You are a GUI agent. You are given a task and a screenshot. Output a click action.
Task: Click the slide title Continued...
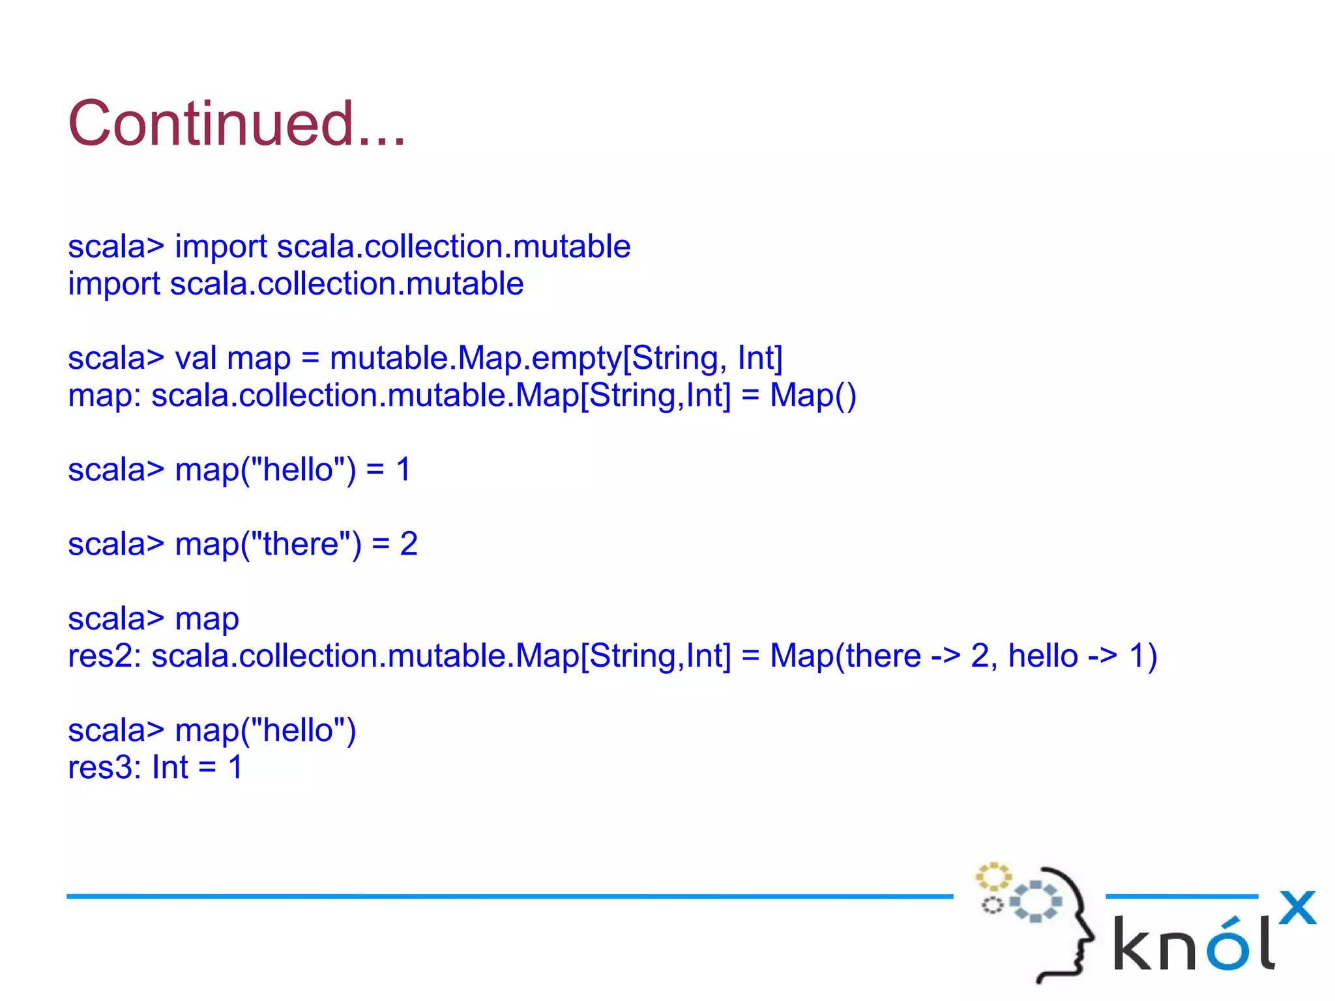[x=237, y=124]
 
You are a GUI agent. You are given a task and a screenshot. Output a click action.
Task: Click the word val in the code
[x=196, y=358]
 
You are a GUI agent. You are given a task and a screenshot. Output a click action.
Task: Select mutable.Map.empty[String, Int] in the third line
[x=555, y=358]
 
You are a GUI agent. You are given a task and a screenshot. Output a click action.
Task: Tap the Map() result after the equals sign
[x=813, y=396]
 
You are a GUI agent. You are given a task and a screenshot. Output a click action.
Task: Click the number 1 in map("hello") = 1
[x=403, y=470]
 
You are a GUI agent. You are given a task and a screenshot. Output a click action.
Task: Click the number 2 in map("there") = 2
[x=409, y=544]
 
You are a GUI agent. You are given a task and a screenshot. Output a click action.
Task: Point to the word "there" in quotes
[x=301, y=544]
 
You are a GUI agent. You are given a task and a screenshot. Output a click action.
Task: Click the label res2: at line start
[x=104, y=656]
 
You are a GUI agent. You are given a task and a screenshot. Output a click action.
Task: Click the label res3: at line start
[x=104, y=768]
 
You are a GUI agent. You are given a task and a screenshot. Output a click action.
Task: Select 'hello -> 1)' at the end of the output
[x=1082, y=656]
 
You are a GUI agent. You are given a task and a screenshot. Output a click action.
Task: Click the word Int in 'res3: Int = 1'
[x=169, y=768]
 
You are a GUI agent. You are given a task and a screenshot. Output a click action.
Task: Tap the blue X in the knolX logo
[x=1297, y=908]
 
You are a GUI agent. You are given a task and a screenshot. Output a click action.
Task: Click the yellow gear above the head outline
[x=993, y=877]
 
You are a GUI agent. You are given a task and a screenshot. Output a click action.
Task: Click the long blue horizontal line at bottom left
[x=508, y=897]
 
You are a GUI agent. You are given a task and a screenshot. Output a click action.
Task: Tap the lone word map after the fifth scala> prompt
[x=207, y=619]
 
